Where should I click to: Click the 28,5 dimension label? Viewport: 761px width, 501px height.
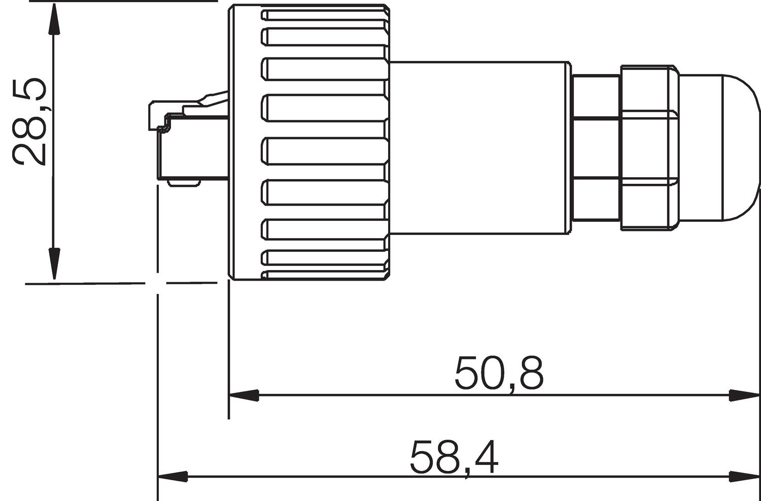(29, 122)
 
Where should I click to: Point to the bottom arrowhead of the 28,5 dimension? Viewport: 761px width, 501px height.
(54, 264)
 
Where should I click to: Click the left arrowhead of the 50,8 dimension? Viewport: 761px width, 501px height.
(244, 395)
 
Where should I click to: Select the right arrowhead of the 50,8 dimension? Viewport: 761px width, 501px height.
(744, 395)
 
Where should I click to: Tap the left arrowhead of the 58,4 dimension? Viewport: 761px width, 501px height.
(173, 477)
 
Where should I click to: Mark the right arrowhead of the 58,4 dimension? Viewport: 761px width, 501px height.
(744, 477)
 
